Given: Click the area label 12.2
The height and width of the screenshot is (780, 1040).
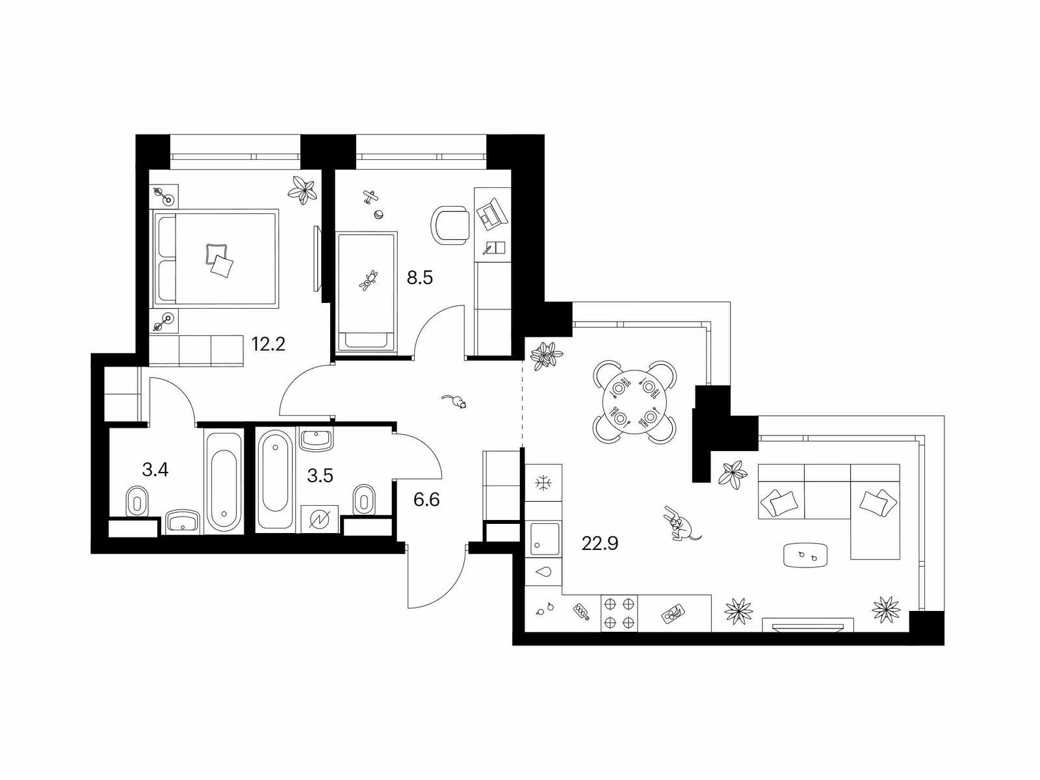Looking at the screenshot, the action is [268, 344].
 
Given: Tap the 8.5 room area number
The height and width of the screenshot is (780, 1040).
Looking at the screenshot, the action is [420, 278].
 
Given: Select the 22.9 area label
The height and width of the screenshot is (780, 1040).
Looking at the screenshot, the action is [600, 543].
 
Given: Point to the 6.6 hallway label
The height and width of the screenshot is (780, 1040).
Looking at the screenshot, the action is [426, 499].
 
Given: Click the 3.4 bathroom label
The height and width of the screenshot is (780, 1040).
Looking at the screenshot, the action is [155, 470].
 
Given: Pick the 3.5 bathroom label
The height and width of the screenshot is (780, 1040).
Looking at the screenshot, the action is [320, 476].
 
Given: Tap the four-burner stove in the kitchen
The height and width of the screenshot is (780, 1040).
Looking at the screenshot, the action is [619, 614].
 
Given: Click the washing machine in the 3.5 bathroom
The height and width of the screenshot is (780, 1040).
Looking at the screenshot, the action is [320, 519].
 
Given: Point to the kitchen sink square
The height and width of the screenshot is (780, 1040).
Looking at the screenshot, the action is [545, 538].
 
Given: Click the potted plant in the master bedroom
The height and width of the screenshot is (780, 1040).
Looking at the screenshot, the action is [302, 190].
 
